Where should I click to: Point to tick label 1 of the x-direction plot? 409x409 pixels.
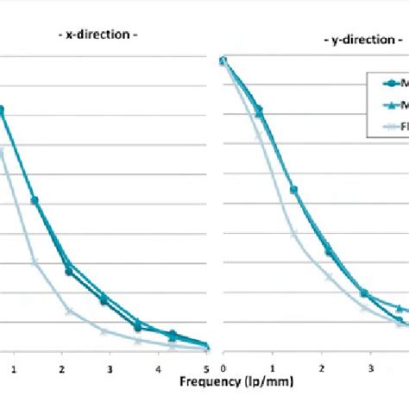(x=14, y=368)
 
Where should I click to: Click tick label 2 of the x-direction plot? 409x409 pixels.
(x=61, y=368)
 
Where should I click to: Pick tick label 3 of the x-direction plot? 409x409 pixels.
(x=110, y=368)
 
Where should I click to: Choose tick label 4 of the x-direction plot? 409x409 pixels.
(x=158, y=368)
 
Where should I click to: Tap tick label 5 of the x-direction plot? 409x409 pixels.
(x=206, y=368)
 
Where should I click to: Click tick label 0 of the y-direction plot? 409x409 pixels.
(x=223, y=368)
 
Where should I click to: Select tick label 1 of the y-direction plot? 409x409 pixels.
(x=271, y=368)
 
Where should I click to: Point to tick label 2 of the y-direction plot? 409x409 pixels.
(x=319, y=368)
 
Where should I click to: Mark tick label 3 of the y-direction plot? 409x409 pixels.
(x=368, y=368)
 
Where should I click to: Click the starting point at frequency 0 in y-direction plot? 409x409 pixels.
(x=223, y=60)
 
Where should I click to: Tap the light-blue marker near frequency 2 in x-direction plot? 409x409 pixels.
(x=69, y=311)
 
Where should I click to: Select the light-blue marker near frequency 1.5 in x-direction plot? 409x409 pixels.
(x=35, y=261)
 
